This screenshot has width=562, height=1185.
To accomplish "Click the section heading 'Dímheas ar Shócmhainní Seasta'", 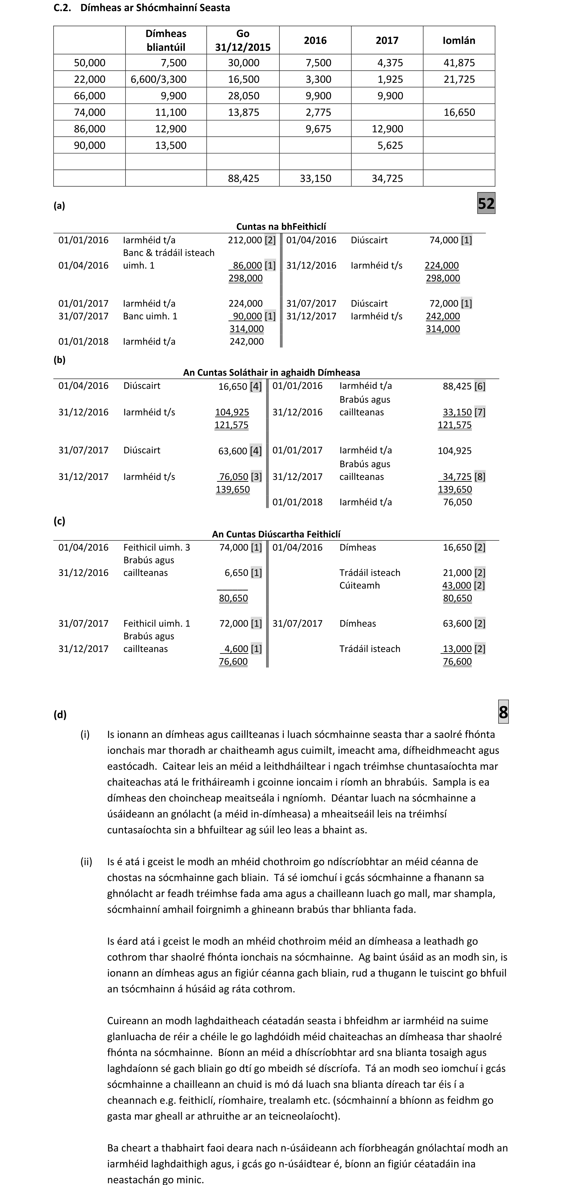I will coord(155,8).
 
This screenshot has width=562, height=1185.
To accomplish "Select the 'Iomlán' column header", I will coord(458,40).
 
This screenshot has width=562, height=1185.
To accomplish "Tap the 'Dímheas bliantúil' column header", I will coord(166,40).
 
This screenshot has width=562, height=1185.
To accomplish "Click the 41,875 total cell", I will coord(459,62).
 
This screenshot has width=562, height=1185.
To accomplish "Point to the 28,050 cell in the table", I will coord(244,96).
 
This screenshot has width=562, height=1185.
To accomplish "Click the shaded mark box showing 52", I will coord(486,203).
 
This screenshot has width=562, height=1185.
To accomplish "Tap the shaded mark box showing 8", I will coord(503,712).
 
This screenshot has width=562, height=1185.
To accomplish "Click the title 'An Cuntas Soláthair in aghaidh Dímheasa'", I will coord(271,372).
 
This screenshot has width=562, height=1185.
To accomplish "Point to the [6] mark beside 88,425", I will coord(479,387).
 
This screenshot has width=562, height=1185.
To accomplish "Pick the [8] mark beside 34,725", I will coord(479,476).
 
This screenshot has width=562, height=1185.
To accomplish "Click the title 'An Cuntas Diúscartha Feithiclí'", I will coord(276,534).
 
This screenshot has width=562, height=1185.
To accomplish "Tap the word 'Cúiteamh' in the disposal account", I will coord(360,586).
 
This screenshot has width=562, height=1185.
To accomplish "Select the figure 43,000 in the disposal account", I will coord(457,586).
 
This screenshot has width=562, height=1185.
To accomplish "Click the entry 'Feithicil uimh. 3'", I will coord(156,548).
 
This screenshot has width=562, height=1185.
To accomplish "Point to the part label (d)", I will coord(60,714).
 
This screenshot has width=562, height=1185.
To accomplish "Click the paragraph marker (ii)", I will coord(86,861).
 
